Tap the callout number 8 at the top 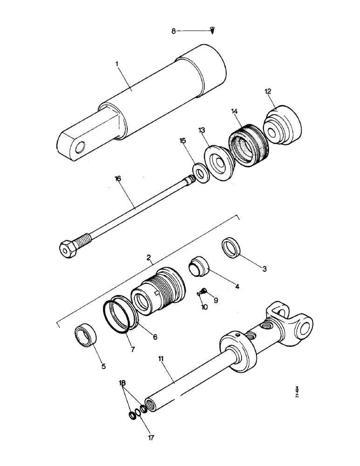(x=173, y=31)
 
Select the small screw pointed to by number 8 (x=213, y=31)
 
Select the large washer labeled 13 (x=218, y=163)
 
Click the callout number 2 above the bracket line (x=148, y=257)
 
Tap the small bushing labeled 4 (x=200, y=267)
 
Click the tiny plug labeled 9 (x=203, y=292)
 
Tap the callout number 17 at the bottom (x=151, y=438)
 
